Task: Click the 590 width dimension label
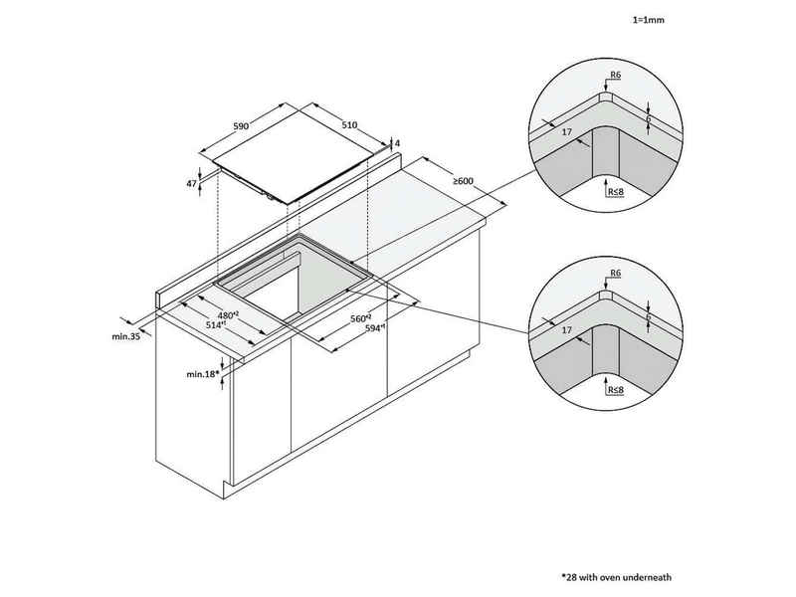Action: coord(241,125)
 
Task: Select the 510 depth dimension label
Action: coord(349,125)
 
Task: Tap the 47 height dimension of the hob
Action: coord(191,184)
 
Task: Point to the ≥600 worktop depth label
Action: coord(463,181)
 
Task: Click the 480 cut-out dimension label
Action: coord(229,314)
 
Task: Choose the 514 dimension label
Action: coord(216,324)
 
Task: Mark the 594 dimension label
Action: coord(375,328)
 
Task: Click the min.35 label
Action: coord(126,336)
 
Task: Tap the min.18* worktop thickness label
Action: coord(203,374)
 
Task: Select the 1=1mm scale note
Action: coord(649,20)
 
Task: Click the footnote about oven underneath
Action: coord(616,577)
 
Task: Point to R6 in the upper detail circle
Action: coord(615,76)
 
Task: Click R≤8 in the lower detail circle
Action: coord(615,390)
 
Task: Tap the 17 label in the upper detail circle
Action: coord(567,131)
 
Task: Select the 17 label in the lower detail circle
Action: coord(567,330)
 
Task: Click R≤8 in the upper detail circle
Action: coord(615,191)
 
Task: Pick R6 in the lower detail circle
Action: coord(615,273)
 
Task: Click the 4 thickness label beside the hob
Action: coord(397,143)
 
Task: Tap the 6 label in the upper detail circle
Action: coord(649,118)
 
